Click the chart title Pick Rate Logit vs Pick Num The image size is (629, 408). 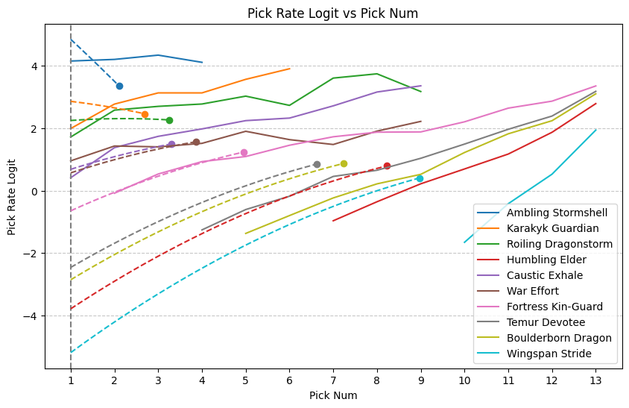(314, 13)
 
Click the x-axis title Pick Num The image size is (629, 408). (333, 395)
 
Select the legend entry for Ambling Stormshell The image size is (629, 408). (557, 213)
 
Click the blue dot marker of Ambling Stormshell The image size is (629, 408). (119, 87)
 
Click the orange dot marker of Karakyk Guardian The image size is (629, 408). (145, 114)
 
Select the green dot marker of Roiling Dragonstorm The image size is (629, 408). (169, 120)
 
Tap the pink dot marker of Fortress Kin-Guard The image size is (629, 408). (244, 152)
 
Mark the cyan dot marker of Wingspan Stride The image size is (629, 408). (420, 178)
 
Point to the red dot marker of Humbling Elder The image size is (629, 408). (387, 166)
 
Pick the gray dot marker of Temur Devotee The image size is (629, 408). (317, 164)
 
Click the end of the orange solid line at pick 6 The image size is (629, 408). (289, 69)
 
